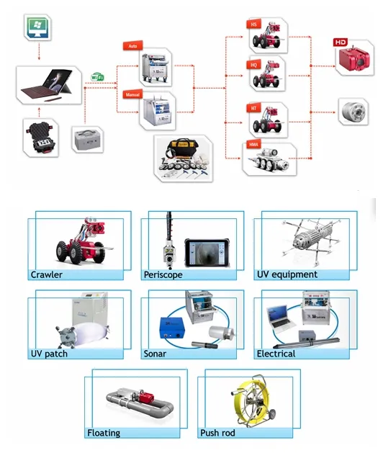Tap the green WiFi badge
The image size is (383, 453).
[x=96, y=75]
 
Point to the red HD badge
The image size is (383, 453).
[x=341, y=42]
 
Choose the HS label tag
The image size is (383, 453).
[x=253, y=24]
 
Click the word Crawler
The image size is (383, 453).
[x=47, y=274]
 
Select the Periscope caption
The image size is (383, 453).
[x=164, y=274]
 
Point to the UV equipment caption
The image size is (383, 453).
[x=287, y=274]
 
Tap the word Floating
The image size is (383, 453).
[x=104, y=433]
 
